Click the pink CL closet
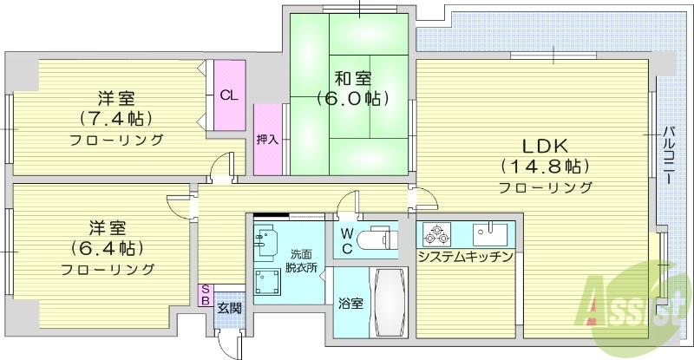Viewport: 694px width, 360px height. [229, 95]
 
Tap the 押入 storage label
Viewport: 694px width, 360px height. [266, 139]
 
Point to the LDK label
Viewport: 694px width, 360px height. [545, 146]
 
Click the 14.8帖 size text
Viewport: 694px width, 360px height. [545, 166]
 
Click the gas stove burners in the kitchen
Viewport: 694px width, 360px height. [434, 234]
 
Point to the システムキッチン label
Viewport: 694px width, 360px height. [466, 257]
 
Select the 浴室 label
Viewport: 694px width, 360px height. [350, 304]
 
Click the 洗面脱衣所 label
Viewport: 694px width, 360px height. [303, 259]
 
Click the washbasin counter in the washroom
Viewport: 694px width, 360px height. [266, 239]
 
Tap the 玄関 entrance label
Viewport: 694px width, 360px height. [228, 307]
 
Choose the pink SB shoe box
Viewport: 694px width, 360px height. [205, 296]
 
